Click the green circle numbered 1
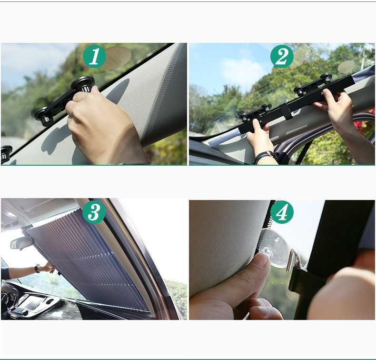[x=95, y=56]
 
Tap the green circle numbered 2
[x=282, y=56]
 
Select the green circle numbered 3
[x=94, y=212]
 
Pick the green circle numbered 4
[x=282, y=212]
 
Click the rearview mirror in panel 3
[x=22, y=243]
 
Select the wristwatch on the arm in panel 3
[x=37, y=269]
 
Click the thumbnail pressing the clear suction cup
[x=263, y=260]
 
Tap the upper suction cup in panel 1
[x=83, y=84]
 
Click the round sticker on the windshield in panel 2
[x=346, y=67]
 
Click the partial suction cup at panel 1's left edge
[x=6, y=153]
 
